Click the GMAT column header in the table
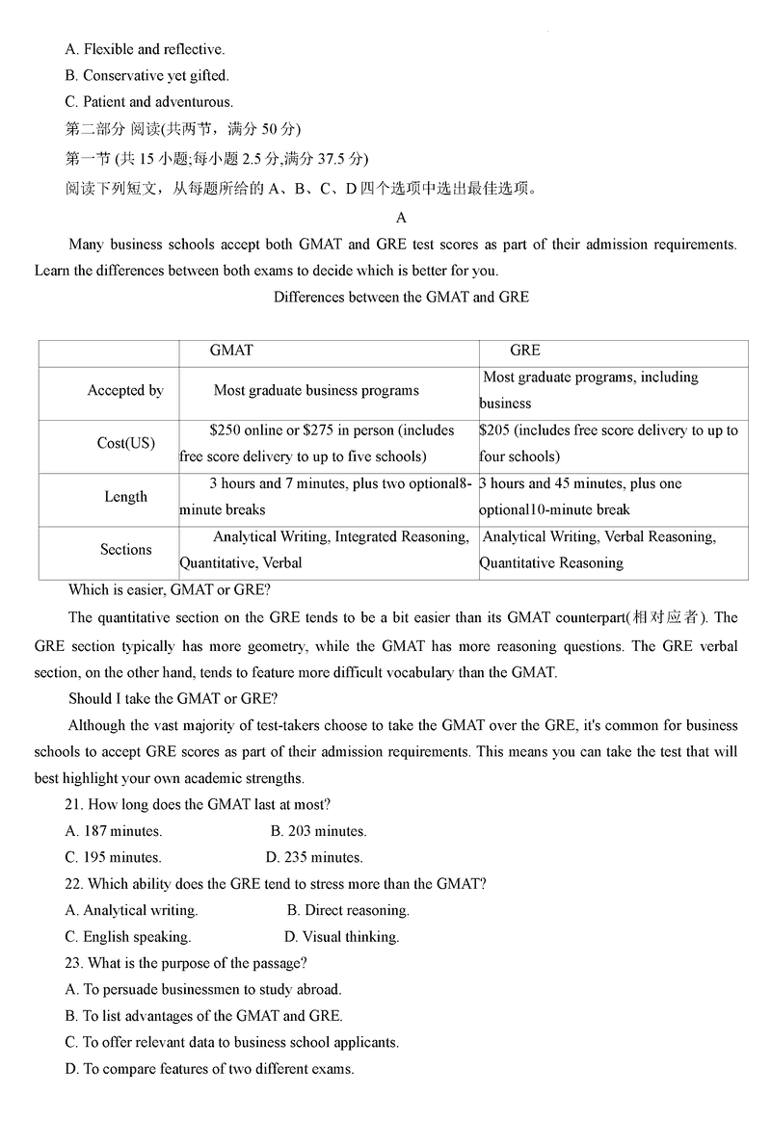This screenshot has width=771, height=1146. click(231, 351)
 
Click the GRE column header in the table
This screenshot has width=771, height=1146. click(525, 351)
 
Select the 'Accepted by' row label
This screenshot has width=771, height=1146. click(125, 391)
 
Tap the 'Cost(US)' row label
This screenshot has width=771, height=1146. click(125, 444)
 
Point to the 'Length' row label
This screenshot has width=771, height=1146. click(125, 497)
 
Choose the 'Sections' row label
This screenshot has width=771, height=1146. click(125, 550)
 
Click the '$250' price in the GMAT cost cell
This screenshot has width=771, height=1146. click(226, 430)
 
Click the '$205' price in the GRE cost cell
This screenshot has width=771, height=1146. click(496, 430)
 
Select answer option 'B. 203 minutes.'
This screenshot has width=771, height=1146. click(318, 831)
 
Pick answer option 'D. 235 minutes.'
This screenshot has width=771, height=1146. click(314, 857)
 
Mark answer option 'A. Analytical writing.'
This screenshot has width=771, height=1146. click(131, 910)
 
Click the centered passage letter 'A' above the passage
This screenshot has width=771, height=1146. click(402, 218)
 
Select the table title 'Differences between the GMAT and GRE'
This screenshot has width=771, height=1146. click(401, 297)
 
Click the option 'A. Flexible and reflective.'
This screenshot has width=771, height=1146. click(145, 49)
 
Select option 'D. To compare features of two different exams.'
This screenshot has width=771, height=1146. click(209, 1068)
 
